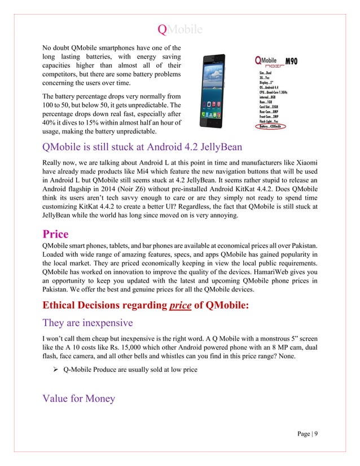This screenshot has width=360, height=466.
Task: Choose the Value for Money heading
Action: point(79,399)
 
